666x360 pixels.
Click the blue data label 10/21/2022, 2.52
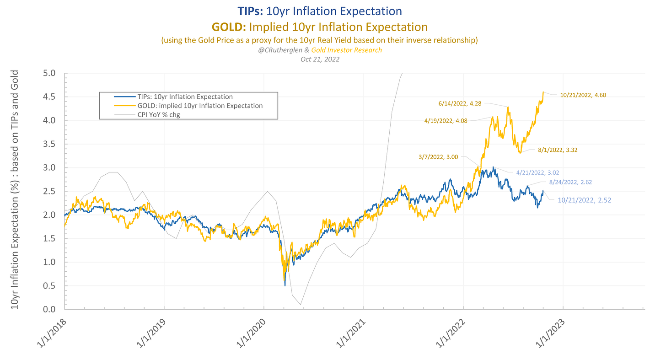pyautogui.click(x=584, y=200)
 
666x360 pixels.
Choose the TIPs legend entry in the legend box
pyautogui.click(x=185, y=97)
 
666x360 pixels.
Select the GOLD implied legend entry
pyautogui.click(x=200, y=106)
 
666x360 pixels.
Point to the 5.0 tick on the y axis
pyautogui.click(x=49, y=73)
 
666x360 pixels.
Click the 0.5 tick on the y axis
pyautogui.click(x=49, y=286)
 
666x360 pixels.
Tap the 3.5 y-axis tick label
pyautogui.click(x=49, y=144)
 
